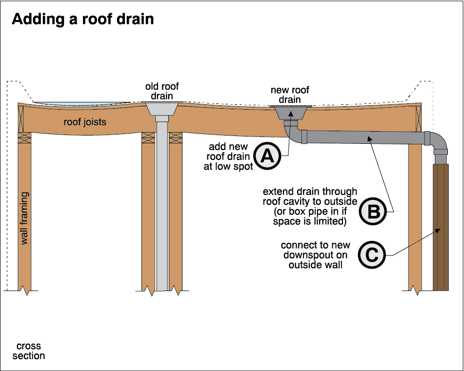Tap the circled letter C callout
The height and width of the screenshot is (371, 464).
(x=371, y=254)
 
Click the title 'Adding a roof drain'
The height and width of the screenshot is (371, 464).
(x=82, y=19)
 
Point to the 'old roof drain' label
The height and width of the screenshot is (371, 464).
(x=162, y=91)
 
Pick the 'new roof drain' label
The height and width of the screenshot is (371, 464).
(x=290, y=95)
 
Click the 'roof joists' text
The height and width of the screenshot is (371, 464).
(x=85, y=122)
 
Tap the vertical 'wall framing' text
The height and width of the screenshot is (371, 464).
(x=25, y=217)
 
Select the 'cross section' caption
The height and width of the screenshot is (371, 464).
(x=28, y=351)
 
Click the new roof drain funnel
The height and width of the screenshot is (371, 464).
(x=291, y=112)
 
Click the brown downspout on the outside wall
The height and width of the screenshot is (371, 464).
(x=441, y=227)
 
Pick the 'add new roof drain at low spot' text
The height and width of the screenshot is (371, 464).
(x=229, y=156)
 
